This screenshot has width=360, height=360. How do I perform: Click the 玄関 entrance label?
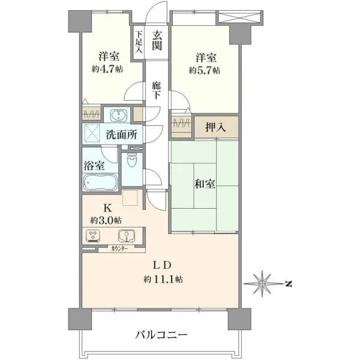(157, 41)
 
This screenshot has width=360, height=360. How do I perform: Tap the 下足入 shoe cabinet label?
(138, 42)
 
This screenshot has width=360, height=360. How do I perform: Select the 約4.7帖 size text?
(107, 69)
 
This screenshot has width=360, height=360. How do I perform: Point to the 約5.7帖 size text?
(205, 70)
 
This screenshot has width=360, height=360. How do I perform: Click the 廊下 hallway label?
(157, 91)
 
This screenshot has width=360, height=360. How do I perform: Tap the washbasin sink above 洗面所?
(118, 115)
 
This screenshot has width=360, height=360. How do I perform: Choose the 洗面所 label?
(121, 134)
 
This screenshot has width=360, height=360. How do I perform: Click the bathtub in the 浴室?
(100, 182)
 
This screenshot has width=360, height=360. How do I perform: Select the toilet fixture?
(132, 160)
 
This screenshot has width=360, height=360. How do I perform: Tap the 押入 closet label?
(215, 128)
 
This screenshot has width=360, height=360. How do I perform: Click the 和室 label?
(205, 184)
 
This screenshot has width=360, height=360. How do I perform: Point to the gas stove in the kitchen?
(93, 236)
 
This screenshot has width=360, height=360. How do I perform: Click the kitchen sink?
(127, 236)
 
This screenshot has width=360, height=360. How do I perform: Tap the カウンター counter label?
(120, 248)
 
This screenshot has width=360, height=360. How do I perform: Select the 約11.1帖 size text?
(163, 279)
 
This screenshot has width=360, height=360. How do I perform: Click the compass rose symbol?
(262, 284)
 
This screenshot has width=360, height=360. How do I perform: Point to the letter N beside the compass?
(289, 284)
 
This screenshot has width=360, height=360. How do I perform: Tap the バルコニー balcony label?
(161, 335)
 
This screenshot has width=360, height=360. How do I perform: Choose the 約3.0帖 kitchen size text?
(106, 220)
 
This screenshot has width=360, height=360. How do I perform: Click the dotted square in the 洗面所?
(93, 133)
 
